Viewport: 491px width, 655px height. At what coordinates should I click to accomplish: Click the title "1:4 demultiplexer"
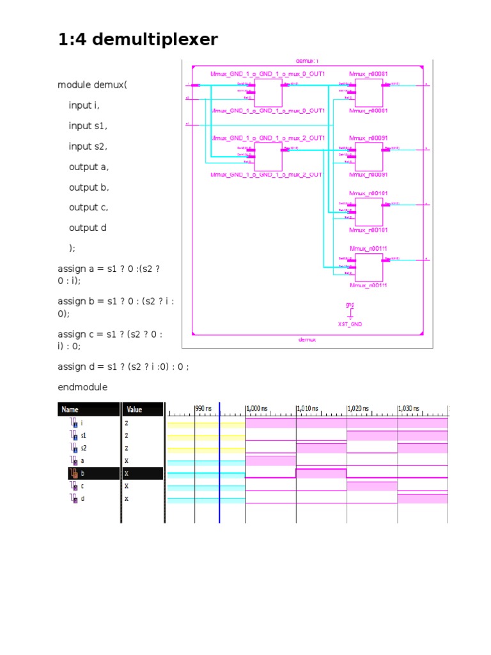137,40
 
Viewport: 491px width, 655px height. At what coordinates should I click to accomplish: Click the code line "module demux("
92,85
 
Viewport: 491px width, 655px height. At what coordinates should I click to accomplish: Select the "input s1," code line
88,126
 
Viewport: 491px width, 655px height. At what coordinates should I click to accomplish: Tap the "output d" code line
88,228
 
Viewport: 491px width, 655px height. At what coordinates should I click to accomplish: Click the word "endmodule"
82,387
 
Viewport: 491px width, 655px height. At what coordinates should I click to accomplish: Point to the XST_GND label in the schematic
350,324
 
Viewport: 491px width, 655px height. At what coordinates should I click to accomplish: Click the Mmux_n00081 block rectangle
369,93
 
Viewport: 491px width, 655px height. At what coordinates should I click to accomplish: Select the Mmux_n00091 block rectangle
369,157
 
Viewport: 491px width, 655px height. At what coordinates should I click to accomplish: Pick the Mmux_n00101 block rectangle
369,212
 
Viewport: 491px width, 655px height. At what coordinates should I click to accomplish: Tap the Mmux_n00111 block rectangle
369,267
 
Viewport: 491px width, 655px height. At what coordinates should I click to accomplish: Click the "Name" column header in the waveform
71,409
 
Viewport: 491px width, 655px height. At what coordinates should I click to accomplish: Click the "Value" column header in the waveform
135,409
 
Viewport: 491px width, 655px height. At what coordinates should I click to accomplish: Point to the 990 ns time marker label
203,408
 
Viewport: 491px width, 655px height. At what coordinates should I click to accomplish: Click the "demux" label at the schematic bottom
307,340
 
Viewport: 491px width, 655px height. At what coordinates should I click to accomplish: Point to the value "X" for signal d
127,499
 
